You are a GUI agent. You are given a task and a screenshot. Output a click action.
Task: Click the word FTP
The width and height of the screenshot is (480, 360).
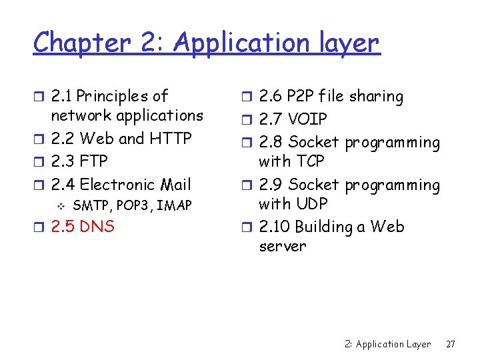tap(93, 161)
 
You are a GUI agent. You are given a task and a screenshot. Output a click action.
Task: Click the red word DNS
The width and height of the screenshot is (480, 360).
tap(97, 227)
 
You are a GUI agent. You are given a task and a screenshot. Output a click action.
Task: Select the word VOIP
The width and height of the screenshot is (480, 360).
tap(307, 119)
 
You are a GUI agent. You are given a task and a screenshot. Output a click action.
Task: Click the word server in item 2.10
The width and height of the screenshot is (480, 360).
tap(282, 246)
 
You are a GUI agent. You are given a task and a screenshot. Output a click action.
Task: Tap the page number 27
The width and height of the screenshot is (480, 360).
tap(451, 344)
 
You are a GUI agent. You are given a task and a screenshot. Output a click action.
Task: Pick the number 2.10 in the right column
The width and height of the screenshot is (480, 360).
tap(274, 227)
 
